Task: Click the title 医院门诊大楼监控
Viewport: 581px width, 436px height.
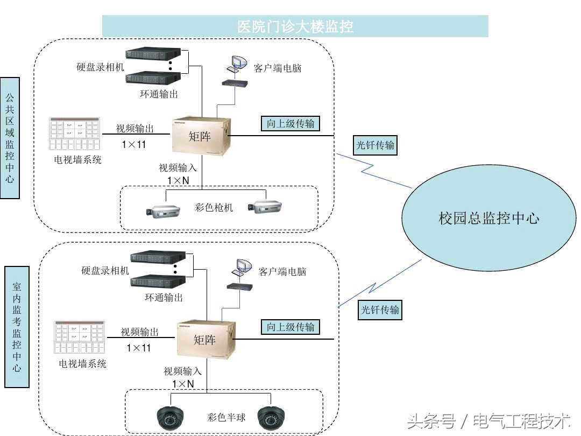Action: (x=295, y=26)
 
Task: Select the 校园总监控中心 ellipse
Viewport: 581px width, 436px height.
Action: (x=488, y=218)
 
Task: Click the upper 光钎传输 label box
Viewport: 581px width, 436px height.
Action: (x=375, y=145)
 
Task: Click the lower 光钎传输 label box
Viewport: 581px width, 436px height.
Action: (x=380, y=310)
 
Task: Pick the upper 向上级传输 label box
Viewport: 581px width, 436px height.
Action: (x=290, y=123)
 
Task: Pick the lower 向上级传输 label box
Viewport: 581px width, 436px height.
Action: (x=290, y=327)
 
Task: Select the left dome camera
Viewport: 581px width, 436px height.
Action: (x=172, y=417)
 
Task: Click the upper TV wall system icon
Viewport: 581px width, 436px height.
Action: (x=74, y=134)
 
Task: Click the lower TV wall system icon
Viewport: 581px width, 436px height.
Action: (x=79, y=337)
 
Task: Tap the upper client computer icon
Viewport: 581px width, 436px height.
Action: (x=236, y=64)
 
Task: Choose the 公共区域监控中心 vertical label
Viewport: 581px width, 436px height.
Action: (x=10, y=138)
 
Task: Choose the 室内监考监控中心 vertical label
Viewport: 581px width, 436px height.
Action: (x=17, y=327)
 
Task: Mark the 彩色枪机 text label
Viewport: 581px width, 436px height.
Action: (x=214, y=207)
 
